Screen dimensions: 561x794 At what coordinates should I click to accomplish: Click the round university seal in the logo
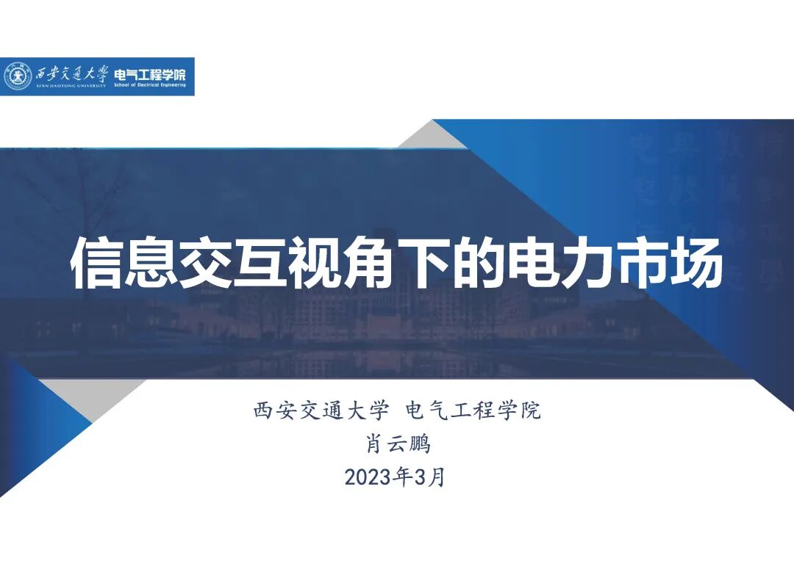click(18, 76)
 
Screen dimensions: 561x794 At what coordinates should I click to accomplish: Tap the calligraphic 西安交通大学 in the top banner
click(71, 73)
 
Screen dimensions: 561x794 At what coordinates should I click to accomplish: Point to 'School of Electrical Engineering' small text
click(149, 86)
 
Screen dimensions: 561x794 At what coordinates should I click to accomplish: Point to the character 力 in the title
click(590, 264)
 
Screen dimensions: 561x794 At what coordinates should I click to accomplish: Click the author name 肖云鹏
click(397, 444)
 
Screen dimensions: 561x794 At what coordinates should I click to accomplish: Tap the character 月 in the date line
click(437, 477)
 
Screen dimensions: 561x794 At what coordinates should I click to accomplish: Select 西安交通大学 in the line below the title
click(320, 410)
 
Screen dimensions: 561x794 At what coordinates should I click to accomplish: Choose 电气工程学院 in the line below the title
click(473, 410)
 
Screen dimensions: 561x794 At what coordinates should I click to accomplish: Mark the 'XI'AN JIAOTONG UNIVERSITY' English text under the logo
click(71, 87)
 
